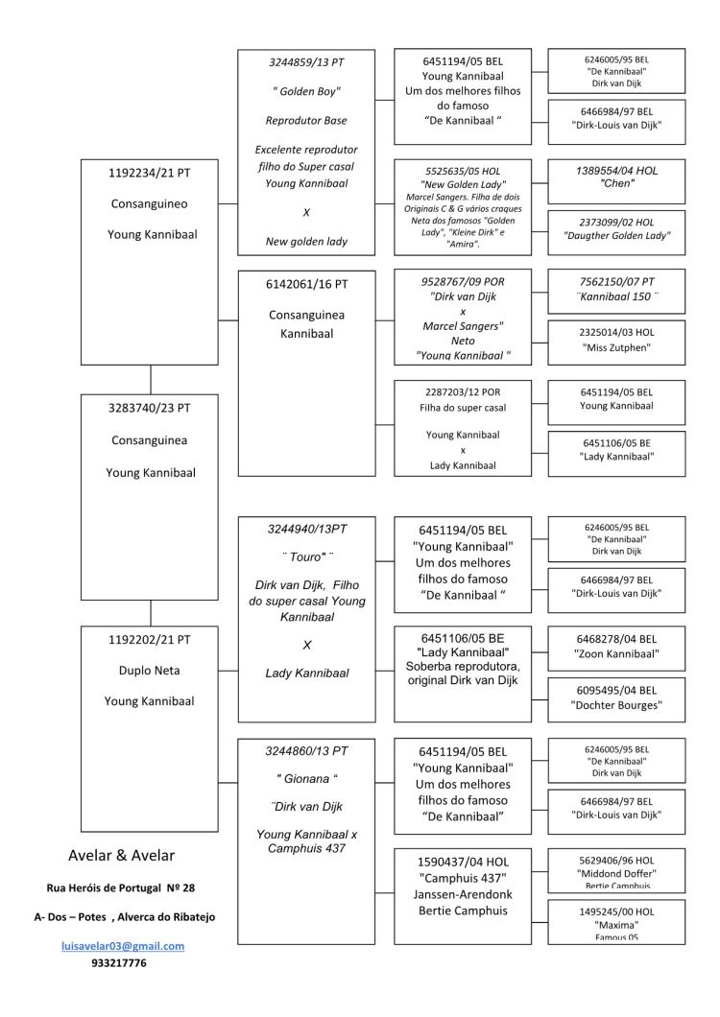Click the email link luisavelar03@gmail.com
click(x=123, y=946)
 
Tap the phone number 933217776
click(x=119, y=963)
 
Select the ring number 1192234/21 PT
click(x=150, y=173)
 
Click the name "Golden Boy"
click(x=306, y=91)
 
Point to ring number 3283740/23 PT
click(x=150, y=408)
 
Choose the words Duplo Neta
click(x=150, y=671)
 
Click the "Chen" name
click(x=616, y=183)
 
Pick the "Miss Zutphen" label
click(x=616, y=347)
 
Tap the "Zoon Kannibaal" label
click(x=616, y=653)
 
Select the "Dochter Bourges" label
click(x=616, y=705)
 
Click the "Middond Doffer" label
click(x=616, y=874)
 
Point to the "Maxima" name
click(x=616, y=925)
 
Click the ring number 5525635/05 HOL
click(x=463, y=171)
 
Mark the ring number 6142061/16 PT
click(x=306, y=284)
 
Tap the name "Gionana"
click(x=306, y=778)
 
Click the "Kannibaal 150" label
click(x=616, y=296)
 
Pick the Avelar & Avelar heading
click(x=121, y=856)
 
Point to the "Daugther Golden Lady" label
click(x=616, y=235)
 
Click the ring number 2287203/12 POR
click(x=463, y=391)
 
